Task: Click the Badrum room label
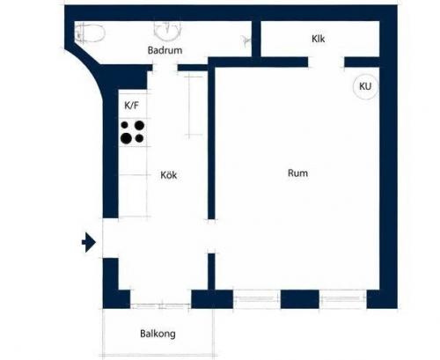(x=165, y=50)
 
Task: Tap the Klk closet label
(x=319, y=39)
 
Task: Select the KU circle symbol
(x=365, y=86)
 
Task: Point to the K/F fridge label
(x=131, y=106)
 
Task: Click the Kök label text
(x=169, y=175)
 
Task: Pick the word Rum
(x=297, y=173)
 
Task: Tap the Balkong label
(x=158, y=334)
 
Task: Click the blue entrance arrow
(x=89, y=242)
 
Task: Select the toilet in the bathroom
(x=90, y=33)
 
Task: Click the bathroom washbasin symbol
(x=167, y=31)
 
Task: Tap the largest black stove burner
(x=126, y=138)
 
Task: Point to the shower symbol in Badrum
(x=246, y=40)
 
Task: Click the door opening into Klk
(x=326, y=62)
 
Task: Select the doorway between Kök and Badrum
(x=165, y=68)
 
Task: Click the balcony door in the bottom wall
(x=161, y=306)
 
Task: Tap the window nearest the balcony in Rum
(x=257, y=299)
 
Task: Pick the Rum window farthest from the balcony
(x=343, y=299)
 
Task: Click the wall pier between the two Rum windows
(x=300, y=299)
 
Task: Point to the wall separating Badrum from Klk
(x=256, y=39)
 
